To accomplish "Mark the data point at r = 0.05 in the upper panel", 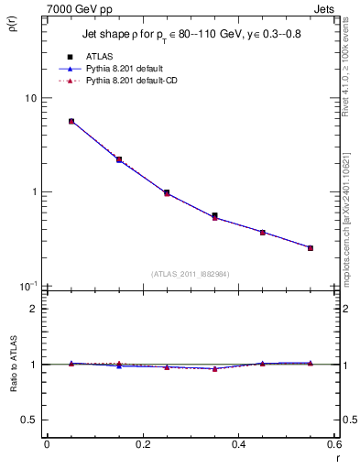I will pos(71,121).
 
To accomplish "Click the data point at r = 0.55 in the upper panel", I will pos(311,247).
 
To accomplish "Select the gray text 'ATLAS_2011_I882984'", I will pos(190,274).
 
